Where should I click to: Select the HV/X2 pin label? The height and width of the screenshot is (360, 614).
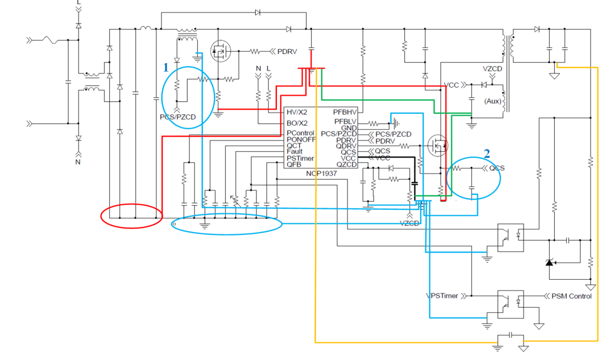click(297, 112)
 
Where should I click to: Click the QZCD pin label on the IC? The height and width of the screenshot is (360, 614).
click(347, 164)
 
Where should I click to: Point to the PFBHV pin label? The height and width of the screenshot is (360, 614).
click(346, 112)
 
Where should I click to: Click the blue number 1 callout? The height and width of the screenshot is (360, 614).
click(166, 68)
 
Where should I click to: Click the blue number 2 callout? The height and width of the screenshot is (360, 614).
click(487, 153)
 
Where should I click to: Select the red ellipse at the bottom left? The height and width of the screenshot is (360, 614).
click(131, 216)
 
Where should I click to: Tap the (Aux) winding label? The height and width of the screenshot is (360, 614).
click(492, 101)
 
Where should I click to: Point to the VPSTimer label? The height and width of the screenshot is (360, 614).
click(442, 296)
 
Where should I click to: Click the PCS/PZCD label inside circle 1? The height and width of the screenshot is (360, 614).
click(177, 117)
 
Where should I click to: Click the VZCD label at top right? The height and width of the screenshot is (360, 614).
click(492, 69)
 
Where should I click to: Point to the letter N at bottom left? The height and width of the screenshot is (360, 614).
click(78, 162)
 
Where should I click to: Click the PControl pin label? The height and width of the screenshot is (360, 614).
click(300, 133)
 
